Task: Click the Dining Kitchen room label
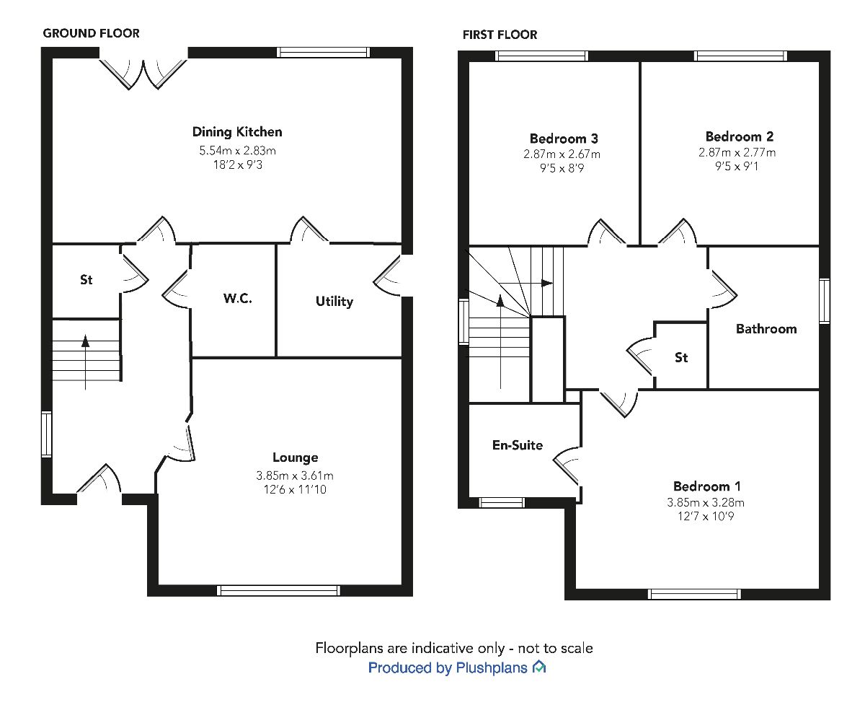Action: tap(237, 132)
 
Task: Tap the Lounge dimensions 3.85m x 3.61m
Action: tap(296, 476)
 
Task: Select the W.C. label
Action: tap(236, 299)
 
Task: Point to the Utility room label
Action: tap(334, 301)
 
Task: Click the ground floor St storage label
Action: tap(86, 279)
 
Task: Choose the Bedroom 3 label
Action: tap(564, 139)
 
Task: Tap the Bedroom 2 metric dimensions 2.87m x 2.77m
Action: tap(740, 152)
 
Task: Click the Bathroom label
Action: tap(766, 329)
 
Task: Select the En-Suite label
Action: tap(517, 445)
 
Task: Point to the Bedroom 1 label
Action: tap(706, 486)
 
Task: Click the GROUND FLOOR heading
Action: tap(92, 33)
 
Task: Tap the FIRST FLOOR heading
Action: tap(500, 35)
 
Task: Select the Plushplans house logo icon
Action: tap(538, 667)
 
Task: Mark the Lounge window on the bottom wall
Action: tap(278, 590)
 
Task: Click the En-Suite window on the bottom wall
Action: tap(502, 503)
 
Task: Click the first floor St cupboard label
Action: tap(681, 357)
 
